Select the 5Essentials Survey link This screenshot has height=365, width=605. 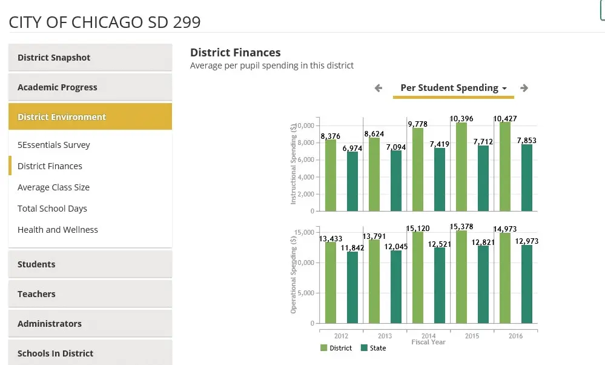(54, 145)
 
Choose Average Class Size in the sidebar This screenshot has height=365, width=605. (53, 187)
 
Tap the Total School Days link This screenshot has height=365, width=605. (52, 209)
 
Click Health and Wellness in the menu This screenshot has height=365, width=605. (58, 230)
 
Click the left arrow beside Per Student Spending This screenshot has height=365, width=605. (379, 88)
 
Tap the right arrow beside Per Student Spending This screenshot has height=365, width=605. (524, 88)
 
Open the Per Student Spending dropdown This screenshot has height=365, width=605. (454, 88)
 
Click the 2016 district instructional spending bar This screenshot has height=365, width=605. (505, 167)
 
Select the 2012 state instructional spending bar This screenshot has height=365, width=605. (352, 181)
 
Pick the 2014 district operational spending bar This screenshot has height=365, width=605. (418, 277)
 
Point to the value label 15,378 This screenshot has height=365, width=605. (461, 227)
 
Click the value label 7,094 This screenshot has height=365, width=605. (396, 147)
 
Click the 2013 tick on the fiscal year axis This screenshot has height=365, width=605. (385, 336)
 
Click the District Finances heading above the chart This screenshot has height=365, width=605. (236, 53)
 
